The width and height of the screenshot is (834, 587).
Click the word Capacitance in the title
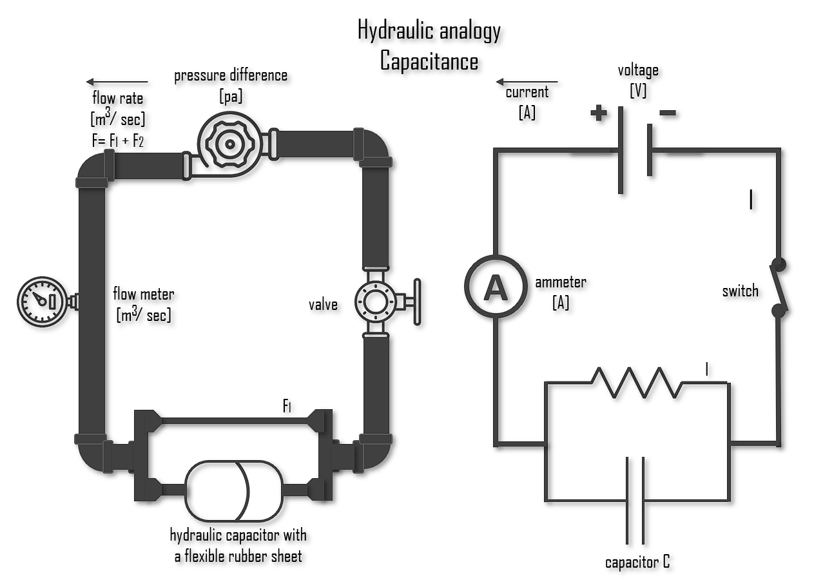[x=429, y=61]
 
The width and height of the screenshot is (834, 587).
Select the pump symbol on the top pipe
[x=229, y=144]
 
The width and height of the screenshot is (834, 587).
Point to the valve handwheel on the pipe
[x=417, y=300]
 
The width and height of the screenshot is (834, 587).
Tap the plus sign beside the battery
[x=599, y=113]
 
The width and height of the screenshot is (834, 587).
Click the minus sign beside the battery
[x=668, y=113]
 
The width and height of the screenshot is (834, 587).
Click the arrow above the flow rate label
[x=117, y=82]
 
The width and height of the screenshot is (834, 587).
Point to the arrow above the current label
[x=526, y=82]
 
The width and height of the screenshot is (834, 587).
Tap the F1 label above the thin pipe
[x=287, y=405]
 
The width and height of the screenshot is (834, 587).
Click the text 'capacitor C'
[x=637, y=562]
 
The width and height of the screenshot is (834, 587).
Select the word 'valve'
[x=323, y=304]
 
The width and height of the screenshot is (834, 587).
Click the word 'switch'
[x=740, y=291]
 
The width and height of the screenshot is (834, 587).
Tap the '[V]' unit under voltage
[x=638, y=90]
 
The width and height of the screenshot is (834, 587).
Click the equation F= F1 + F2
[x=118, y=140]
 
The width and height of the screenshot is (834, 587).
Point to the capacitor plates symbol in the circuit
[x=635, y=499]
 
